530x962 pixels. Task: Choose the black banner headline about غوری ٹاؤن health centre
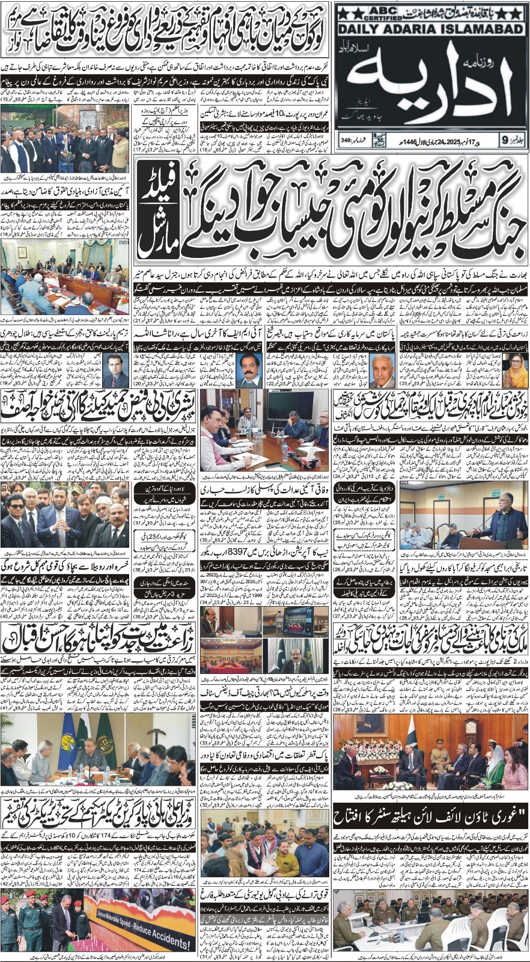click(x=430, y=816)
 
